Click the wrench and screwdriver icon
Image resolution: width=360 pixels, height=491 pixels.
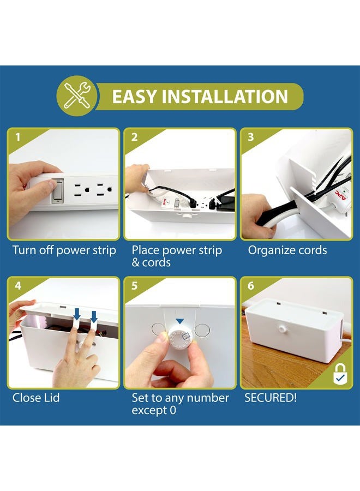click(77, 97)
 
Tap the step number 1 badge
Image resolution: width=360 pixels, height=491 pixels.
click(17, 137)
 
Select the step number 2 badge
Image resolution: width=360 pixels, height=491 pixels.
click(134, 137)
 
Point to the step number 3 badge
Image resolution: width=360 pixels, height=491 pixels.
click(251, 137)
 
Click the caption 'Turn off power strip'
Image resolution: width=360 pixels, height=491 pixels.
click(64, 250)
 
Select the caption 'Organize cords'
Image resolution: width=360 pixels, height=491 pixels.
click(287, 250)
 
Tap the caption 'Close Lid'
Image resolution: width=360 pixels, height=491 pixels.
click(36, 398)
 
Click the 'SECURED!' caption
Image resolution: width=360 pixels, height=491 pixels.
click(271, 398)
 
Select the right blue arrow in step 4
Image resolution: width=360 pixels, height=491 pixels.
click(93, 316)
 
